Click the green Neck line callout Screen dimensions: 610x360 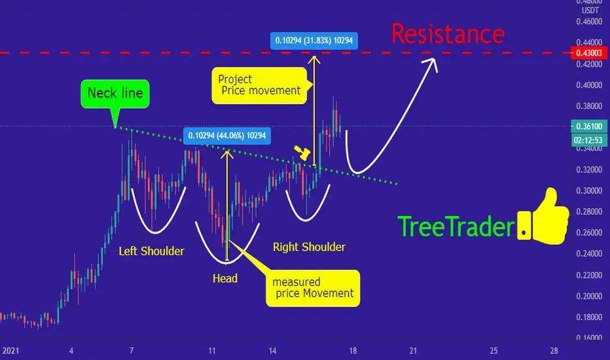click(x=115, y=94)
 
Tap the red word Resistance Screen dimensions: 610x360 click(x=448, y=34)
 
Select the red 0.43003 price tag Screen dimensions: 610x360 click(x=588, y=53)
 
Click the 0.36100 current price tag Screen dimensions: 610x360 click(x=588, y=126)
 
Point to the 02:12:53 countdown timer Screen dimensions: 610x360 click(x=588, y=140)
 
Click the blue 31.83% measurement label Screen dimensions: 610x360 click(x=314, y=41)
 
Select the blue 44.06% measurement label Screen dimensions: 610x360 click(x=227, y=135)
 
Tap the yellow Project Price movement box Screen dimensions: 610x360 click(x=259, y=85)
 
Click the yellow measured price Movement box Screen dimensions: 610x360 click(x=313, y=288)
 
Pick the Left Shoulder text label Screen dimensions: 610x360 click(x=151, y=251)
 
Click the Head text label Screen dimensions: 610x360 click(x=225, y=278)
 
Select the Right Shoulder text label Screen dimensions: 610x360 click(x=309, y=247)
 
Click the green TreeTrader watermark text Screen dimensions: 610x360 click(x=456, y=227)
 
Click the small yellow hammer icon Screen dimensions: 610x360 click(x=302, y=153)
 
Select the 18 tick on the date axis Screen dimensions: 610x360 click(x=353, y=351)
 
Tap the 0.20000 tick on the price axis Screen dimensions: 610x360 click(x=589, y=296)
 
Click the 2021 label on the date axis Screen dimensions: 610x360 click(x=10, y=351)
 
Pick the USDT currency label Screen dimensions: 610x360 click(x=590, y=10)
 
